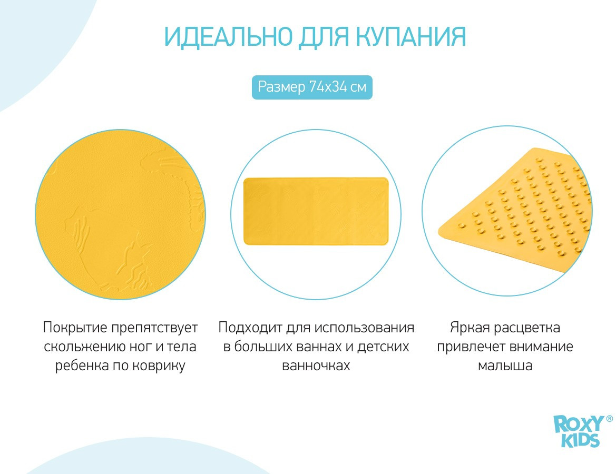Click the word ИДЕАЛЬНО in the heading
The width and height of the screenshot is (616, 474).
[228, 37]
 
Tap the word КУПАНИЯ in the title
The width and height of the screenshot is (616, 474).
[411, 37]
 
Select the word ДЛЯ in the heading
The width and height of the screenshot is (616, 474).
[324, 38]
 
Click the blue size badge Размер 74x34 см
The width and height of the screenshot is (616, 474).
[312, 87]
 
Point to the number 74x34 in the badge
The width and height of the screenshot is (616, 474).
[328, 86]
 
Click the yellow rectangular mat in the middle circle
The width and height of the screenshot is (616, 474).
[316, 211]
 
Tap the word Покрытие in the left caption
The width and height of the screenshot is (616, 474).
[75, 328]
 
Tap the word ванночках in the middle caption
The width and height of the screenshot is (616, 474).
[316, 366]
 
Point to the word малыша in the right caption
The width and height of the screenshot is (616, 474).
[505, 366]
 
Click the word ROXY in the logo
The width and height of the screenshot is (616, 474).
[579, 424]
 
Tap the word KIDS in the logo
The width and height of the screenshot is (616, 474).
[580, 440]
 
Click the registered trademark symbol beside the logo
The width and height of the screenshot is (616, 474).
[609, 419]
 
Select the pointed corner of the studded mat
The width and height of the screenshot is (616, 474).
[439, 232]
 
